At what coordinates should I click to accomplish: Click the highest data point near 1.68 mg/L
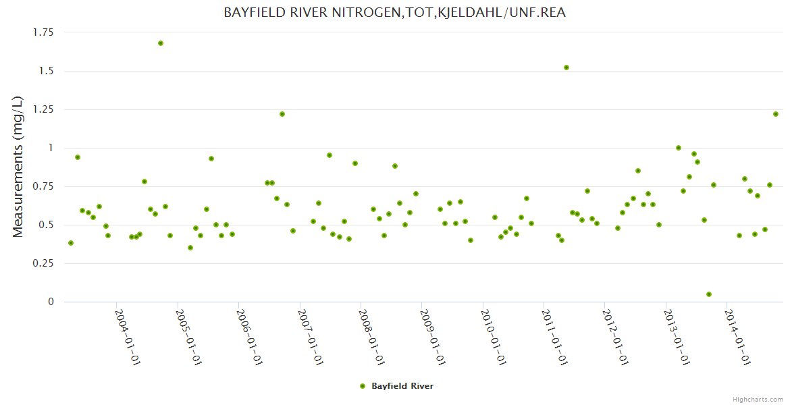[x=161, y=43]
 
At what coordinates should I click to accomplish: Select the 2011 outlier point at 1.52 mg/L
[x=567, y=67]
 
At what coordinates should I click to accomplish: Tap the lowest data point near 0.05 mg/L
[x=709, y=294]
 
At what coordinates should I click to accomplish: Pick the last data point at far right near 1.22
[x=776, y=114]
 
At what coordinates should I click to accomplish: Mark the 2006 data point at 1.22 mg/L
[x=282, y=114]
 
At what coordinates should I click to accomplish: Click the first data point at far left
[x=71, y=243]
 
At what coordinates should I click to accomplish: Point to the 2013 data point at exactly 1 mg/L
[x=679, y=148]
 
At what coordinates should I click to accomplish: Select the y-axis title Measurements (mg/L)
[x=18, y=167]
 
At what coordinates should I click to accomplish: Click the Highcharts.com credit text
[x=758, y=399]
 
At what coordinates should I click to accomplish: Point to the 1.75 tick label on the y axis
[x=43, y=32]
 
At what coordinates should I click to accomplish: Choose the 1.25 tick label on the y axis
[x=43, y=109]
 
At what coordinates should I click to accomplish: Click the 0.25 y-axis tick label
[x=43, y=263]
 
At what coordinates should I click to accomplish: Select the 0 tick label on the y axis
[x=50, y=302]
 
